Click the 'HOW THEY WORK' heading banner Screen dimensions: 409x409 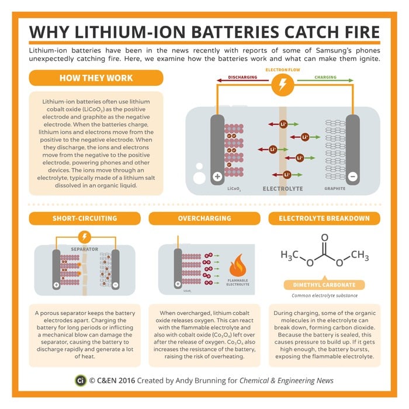(96, 78)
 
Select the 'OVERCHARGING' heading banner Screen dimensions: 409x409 (204, 218)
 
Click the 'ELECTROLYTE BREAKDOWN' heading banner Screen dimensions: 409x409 (324, 218)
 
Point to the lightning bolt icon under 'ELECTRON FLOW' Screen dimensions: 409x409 (283, 84)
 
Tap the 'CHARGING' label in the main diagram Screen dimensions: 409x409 (325, 77)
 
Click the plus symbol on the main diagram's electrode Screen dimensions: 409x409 (217, 176)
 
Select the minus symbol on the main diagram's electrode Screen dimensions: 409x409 (352, 176)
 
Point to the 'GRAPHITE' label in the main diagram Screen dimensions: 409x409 (335, 189)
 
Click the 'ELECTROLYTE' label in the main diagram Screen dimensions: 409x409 (283, 189)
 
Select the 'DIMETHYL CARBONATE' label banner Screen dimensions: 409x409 (324, 285)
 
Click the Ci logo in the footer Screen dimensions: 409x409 (81, 381)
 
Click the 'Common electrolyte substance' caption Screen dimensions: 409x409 (324, 297)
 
